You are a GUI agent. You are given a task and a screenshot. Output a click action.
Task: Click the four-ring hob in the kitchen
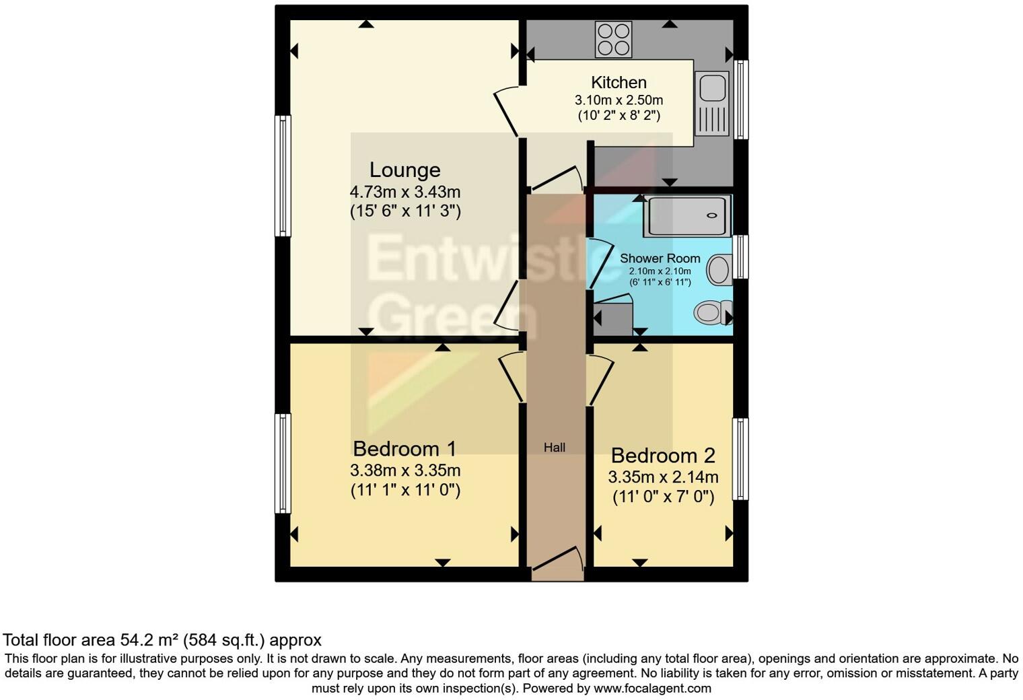coord(613,40)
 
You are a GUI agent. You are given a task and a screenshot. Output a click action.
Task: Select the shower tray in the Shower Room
coord(686,216)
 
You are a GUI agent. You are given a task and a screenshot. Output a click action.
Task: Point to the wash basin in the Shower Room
coord(719,269)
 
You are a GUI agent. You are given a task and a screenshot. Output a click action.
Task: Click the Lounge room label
coord(404,170)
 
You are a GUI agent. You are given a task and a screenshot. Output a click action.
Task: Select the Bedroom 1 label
coord(404,448)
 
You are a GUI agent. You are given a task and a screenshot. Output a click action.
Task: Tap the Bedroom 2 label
coord(662,456)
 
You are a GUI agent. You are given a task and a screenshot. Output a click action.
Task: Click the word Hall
coord(555,448)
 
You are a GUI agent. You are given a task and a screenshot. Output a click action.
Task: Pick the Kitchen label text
coord(619,83)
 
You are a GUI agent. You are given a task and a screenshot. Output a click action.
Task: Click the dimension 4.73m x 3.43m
coord(404,193)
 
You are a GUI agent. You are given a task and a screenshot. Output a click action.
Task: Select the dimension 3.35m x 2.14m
coord(662,478)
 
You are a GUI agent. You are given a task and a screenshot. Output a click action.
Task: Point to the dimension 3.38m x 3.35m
coord(404,470)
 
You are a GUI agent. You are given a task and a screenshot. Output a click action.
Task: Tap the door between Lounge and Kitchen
coord(507,111)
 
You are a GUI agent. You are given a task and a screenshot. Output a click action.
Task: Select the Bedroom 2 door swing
coord(601,380)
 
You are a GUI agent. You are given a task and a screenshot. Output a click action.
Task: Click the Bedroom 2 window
coord(740,459)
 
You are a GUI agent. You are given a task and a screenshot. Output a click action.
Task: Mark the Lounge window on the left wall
coord(283,176)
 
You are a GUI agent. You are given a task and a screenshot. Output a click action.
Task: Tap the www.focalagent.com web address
coord(652,688)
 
